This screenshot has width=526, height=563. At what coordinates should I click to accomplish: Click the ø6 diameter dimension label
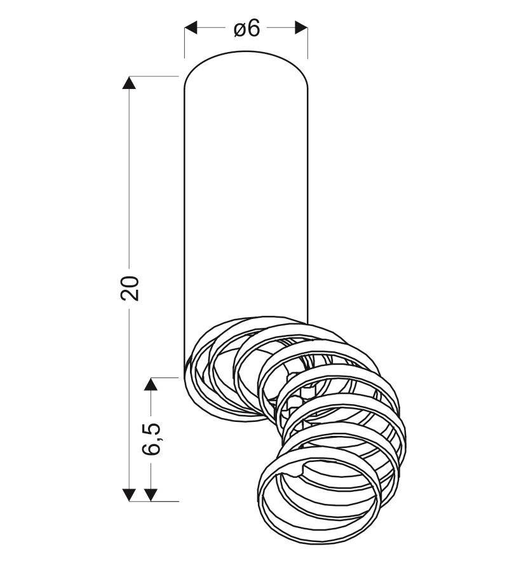pyautogui.click(x=246, y=28)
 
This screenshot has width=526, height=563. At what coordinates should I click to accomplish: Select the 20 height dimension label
pyautogui.click(x=130, y=288)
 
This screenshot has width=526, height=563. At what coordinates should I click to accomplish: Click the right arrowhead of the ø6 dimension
pyautogui.click(x=300, y=28)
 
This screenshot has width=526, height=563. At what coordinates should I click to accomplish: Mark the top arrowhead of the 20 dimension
pyautogui.click(x=130, y=83)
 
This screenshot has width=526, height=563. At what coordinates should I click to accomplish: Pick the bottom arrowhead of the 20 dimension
pyautogui.click(x=130, y=494)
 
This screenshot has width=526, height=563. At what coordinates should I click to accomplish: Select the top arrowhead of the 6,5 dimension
pyautogui.click(x=151, y=384)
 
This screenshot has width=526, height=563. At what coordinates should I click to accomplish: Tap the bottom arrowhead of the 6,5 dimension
pyautogui.click(x=151, y=494)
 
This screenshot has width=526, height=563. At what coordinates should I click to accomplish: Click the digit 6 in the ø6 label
pyautogui.click(x=254, y=28)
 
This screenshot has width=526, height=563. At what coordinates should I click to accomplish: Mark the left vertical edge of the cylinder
pyautogui.click(x=184, y=222)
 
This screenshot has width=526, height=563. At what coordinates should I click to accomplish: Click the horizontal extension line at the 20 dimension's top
pyautogui.click(x=156, y=76)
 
